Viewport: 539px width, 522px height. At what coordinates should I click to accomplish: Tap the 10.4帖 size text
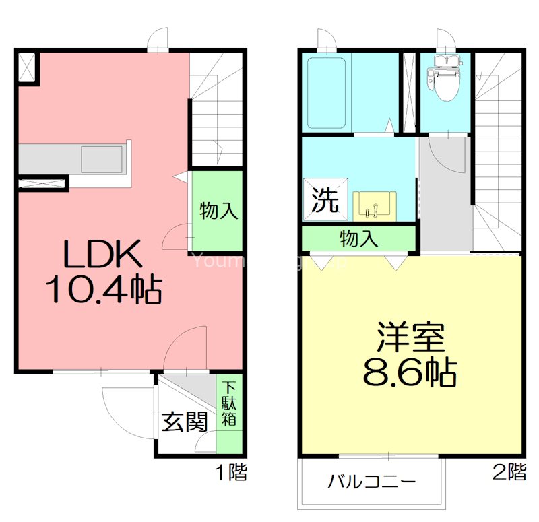coord(102,290)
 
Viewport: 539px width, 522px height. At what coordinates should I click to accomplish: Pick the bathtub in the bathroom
coord(327,92)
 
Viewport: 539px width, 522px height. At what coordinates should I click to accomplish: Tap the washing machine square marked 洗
coord(325,199)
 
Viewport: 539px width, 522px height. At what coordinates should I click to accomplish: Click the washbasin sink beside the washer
coord(374,204)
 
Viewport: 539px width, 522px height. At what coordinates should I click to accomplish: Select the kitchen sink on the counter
coord(101,160)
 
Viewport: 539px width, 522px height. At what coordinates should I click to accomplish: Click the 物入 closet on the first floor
coord(218,211)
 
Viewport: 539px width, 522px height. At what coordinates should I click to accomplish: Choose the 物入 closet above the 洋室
coord(358,238)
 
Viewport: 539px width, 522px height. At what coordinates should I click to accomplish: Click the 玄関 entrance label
coord(183,422)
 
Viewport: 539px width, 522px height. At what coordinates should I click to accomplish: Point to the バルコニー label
coord(371,482)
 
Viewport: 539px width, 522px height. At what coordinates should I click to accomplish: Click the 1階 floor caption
coord(231,473)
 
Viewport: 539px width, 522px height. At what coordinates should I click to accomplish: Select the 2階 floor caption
coord(509,472)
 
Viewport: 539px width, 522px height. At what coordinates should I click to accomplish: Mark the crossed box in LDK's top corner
coord(28,67)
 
